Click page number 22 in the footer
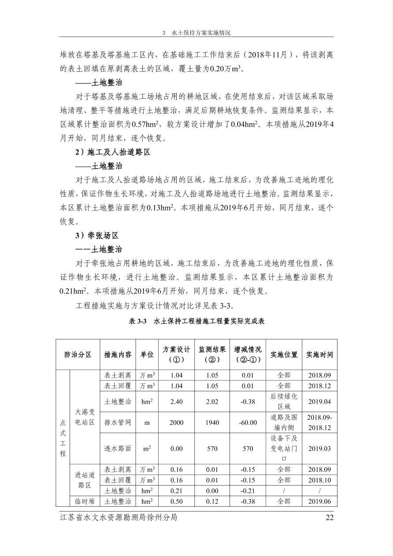tap(329, 517)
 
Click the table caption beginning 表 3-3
tap(196, 321)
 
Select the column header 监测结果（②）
tap(212, 354)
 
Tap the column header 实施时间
tap(319, 354)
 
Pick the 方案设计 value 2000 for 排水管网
tap(176, 423)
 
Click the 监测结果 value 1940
tap(212, 423)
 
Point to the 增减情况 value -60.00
tap(248, 423)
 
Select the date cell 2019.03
tap(319, 449)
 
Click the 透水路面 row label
tap(118, 449)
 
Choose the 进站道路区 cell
tap(85, 480)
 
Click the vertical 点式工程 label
tap(63, 438)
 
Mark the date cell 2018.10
tap(319, 480)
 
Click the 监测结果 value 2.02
tap(212, 401)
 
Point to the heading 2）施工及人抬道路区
tap(113, 152)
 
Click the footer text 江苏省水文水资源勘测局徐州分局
tap(119, 517)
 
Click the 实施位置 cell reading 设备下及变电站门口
tap(284, 449)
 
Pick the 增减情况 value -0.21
tap(248, 490)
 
